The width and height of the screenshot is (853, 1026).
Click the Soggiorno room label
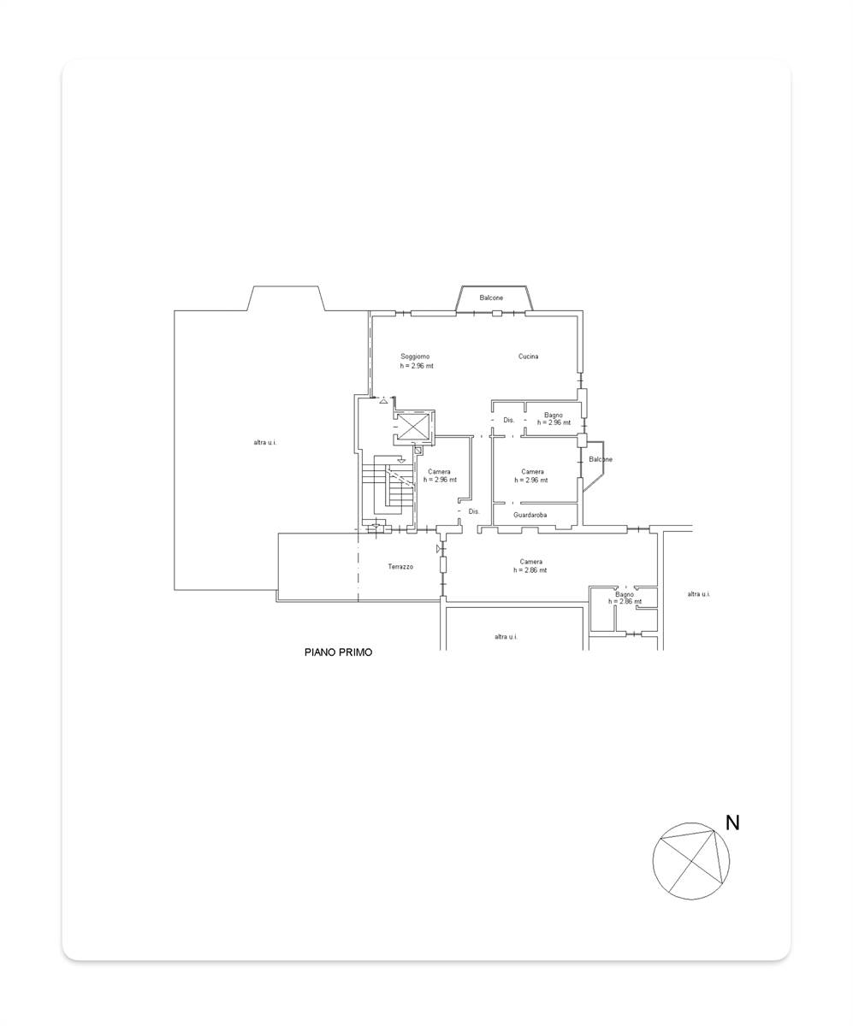tap(415, 357)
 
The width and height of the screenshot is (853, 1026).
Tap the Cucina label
tap(528, 357)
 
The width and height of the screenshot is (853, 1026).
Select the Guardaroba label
tap(530, 515)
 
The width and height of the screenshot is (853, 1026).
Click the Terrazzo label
tap(400, 567)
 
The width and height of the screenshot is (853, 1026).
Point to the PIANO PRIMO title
tap(338, 652)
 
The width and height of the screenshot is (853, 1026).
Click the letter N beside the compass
tap(732, 823)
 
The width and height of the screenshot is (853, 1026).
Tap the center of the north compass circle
tap(691, 861)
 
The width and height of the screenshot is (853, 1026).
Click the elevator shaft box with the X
tap(412, 426)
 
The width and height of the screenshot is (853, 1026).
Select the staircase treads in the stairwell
tap(389, 486)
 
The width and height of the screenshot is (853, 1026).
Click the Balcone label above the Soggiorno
tap(491, 298)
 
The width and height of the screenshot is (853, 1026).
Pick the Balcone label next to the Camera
tap(601, 459)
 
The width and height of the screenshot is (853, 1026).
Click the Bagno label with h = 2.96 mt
tap(553, 416)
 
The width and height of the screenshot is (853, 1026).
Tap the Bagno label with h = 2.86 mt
tap(625, 594)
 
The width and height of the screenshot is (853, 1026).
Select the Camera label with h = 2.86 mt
tap(531, 562)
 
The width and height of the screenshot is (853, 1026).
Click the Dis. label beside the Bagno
tap(509, 420)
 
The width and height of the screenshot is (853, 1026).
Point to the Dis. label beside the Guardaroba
tap(473, 511)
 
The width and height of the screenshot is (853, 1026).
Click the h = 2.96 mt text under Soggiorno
tap(417, 366)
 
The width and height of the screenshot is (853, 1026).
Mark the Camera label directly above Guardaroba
tap(532, 472)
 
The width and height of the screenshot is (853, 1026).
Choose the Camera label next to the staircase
tap(439, 472)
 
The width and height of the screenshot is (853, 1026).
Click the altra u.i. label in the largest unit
tap(265, 442)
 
